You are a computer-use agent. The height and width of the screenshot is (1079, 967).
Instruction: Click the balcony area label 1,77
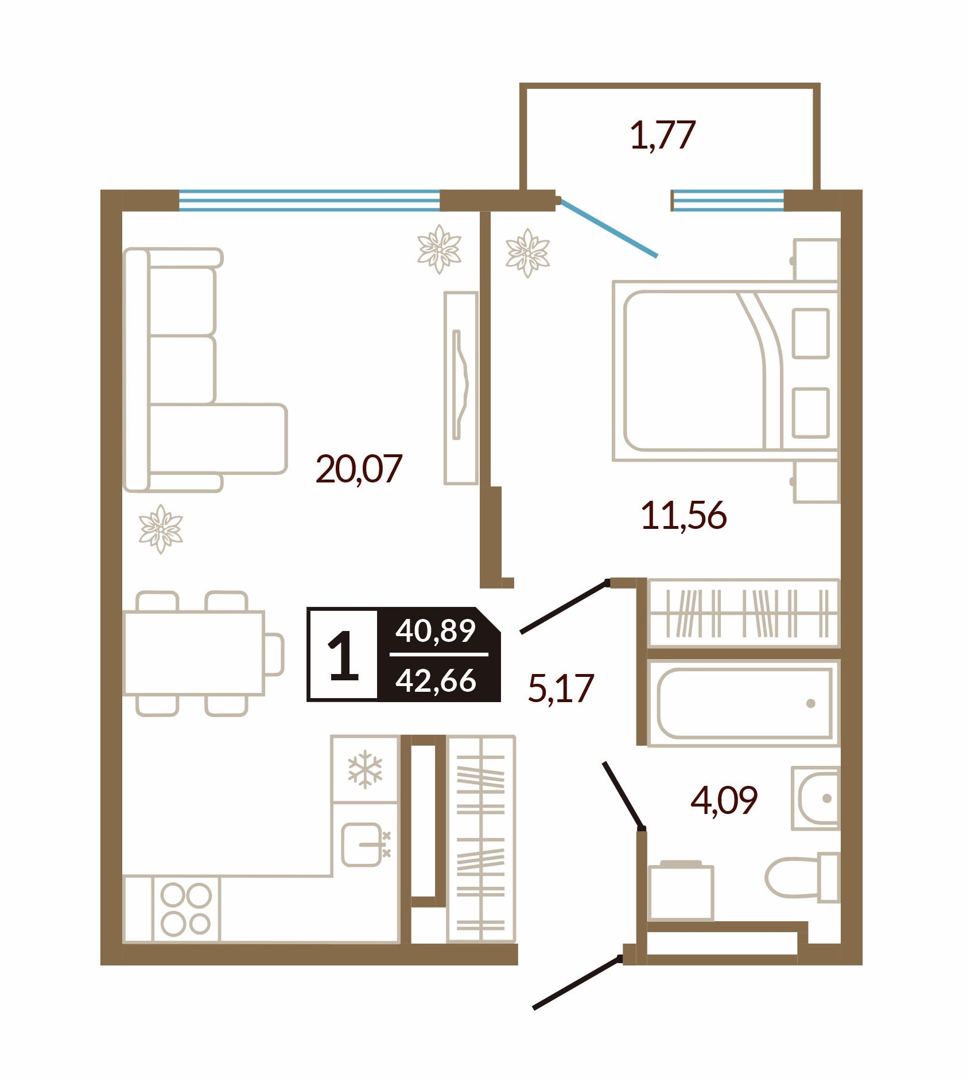coord(663,135)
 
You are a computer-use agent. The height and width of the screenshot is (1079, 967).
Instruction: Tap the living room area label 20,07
coord(359,469)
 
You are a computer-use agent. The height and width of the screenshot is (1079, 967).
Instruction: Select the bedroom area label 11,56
coord(683,515)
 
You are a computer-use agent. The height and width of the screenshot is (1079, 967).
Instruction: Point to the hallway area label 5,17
coord(561,688)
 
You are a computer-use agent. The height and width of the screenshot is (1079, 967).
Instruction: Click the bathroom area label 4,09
coord(724,800)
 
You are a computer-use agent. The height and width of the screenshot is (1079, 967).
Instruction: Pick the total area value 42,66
coord(436,680)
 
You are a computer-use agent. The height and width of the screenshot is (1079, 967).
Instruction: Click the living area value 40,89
coord(436,631)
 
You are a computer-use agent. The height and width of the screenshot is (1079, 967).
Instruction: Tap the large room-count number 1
coord(343,655)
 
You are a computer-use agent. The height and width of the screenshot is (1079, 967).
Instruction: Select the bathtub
coord(744,703)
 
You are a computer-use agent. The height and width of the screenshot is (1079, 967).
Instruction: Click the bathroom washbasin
coord(815,798)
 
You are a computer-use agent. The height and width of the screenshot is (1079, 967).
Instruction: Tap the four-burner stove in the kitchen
coord(186,909)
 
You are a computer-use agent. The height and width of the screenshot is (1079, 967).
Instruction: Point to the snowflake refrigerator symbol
coord(365,769)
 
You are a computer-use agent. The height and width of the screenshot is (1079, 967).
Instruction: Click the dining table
coord(194,653)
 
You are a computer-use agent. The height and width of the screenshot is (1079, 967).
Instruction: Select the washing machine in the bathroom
coord(681,891)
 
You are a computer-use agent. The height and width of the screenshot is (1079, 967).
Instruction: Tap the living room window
coord(309,200)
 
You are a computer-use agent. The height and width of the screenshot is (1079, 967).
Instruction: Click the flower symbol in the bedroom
coord(527,253)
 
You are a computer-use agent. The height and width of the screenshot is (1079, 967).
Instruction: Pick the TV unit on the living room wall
coord(461,388)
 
